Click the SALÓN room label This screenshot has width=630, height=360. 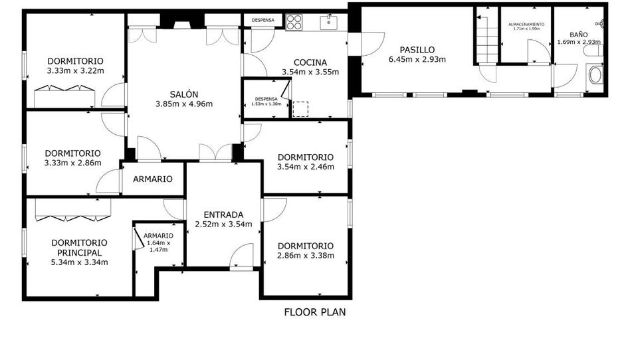click(184, 94)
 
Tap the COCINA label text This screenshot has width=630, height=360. click(310, 62)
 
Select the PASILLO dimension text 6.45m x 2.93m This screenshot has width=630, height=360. click(417, 60)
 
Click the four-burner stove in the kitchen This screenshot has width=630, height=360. click(294, 22)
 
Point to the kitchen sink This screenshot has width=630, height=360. click(329, 23)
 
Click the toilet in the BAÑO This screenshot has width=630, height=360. click(593, 50)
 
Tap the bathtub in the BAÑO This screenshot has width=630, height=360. click(595, 75)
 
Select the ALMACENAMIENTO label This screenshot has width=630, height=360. click(526, 25)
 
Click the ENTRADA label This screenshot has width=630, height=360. click(223, 215)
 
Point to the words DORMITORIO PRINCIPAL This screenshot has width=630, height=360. click(80, 248)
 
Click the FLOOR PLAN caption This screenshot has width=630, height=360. click(315, 312)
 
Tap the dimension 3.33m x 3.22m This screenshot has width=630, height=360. click(76, 71)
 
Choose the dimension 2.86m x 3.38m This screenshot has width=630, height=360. click(306, 256)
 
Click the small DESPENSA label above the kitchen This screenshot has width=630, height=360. click(263, 20)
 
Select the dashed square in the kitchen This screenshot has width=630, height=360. click(300, 110)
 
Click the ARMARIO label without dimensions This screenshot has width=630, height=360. click(153, 179)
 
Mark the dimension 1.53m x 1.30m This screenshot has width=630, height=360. click(266, 104)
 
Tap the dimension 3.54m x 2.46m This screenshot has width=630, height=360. click(306, 167)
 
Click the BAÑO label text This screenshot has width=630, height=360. click(579, 35)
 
